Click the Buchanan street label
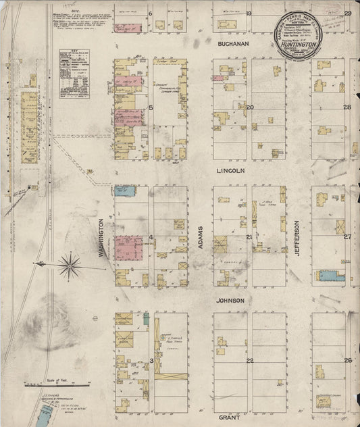pos(234,44)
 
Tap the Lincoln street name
pos(230,172)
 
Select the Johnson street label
pos(230,299)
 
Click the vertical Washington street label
pos(102,238)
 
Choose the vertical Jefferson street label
pos(297,238)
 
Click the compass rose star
pos(70,264)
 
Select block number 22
pos(249,361)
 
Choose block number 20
pos(249,107)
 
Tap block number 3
pos(151,361)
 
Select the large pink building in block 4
pos(128,247)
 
